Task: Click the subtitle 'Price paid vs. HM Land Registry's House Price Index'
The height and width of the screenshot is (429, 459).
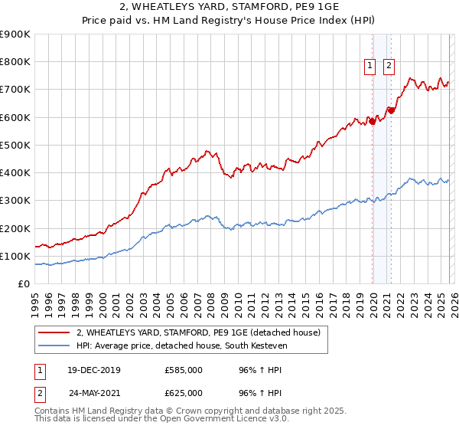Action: [x=229, y=21]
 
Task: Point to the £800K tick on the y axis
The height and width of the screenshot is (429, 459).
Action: [x=15, y=62]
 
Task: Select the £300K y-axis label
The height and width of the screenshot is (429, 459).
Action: [x=15, y=201]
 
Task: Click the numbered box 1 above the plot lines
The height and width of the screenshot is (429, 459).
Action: [x=369, y=67]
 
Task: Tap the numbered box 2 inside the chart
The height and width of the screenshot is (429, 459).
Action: [x=389, y=67]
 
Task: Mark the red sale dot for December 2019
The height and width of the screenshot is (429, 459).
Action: [x=373, y=121]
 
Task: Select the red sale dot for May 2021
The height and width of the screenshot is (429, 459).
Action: [x=391, y=110]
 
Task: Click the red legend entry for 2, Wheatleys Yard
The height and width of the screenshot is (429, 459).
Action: [x=203, y=332]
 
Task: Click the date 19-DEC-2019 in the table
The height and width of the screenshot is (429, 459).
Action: [x=94, y=370]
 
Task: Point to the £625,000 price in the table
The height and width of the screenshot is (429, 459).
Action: [x=184, y=393]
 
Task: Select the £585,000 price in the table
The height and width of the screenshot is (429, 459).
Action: [x=184, y=370]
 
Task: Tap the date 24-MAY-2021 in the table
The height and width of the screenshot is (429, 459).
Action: [x=94, y=393]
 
